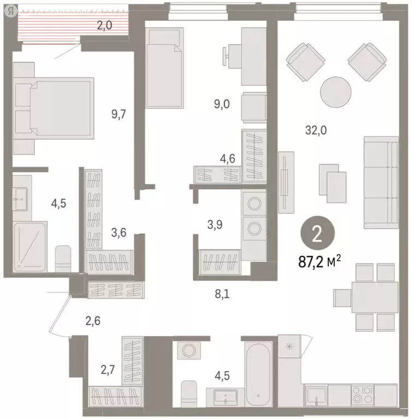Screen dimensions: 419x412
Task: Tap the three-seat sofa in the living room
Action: click(381, 183)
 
